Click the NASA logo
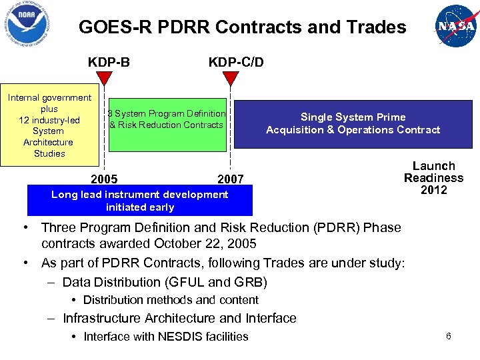[x=456, y=25]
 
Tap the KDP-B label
[x=109, y=62]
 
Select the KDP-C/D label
[x=236, y=62]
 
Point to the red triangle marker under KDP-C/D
[x=230, y=79]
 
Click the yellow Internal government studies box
[x=49, y=125]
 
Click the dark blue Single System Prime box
[x=353, y=123]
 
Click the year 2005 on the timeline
[x=104, y=179]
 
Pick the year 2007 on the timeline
[x=231, y=179]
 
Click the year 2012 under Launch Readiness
[x=433, y=190]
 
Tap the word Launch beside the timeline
[x=433, y=166]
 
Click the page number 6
[x=449, y=336]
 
